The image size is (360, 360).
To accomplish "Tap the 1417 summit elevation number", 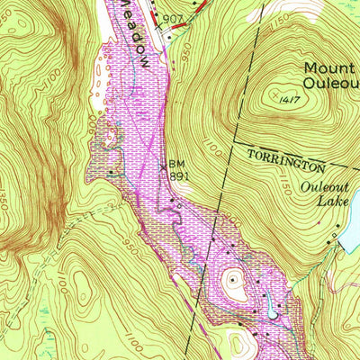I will (x=289, y=99).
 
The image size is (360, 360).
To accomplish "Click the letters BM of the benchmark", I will (x=176, y=164).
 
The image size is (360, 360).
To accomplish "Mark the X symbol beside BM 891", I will (x=163, y=166).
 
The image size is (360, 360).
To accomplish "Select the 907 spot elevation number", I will (x=174, y=18).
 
